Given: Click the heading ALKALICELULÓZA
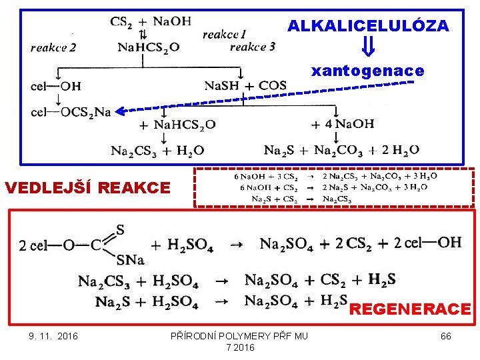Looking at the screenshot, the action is click(368, 26).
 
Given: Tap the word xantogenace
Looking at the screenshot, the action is click(368, 71).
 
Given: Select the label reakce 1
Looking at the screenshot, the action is click(224, 34).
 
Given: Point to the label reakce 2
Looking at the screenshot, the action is click(53, 47).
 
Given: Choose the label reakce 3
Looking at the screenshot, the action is click(252, 47).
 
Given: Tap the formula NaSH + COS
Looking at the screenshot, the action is click(245, 85).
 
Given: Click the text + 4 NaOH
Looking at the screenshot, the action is click(342, 124).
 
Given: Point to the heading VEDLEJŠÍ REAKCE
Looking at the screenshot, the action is click(87, 188).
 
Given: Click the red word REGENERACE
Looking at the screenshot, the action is click(410, 309).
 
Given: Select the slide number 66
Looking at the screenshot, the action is click(446, 336).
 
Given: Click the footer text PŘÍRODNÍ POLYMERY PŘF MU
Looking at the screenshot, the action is click(239, 336).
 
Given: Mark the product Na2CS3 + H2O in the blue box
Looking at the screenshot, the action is click(157, 151).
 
